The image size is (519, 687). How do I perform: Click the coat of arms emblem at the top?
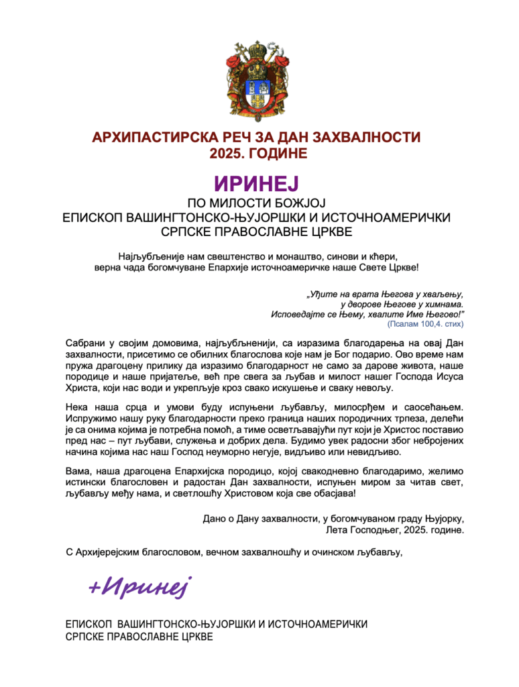[x=259, y=76]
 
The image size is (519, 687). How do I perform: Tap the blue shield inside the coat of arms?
[x=259, y=86]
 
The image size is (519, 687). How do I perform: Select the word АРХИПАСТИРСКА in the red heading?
[x=145, y=138]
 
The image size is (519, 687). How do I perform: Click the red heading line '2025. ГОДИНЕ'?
[x=259, y=154]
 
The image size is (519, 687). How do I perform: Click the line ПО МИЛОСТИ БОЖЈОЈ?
[x=259, y=203]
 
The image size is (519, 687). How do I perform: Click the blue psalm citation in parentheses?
[x=425, y=323]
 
